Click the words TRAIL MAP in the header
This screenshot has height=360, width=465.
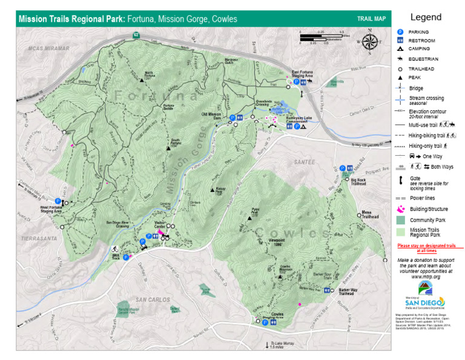(x=371, y=19)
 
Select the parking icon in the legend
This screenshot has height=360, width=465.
(x=400, y=31)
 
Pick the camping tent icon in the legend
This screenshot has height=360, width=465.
(x=400, y=48)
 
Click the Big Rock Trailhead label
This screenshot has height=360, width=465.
(x=358, y=182)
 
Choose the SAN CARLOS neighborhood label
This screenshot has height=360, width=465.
(x=151, y=299)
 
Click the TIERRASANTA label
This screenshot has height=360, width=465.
(x=35, y=239)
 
